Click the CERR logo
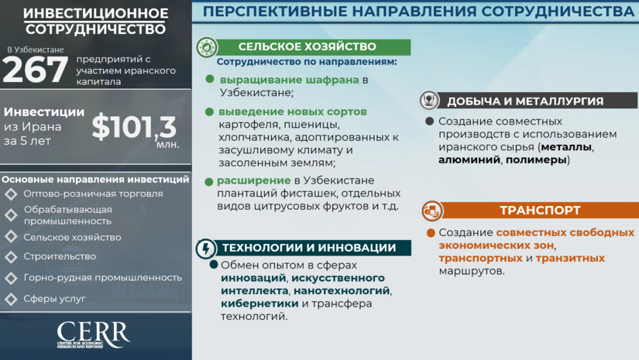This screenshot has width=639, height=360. [93, 334]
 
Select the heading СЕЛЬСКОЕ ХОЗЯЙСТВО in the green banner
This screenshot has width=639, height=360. [307, 47]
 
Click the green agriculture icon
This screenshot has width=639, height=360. [206, 47]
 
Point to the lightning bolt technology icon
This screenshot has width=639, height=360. [206, 249]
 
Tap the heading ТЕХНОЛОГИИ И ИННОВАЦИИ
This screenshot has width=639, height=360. [309, 249]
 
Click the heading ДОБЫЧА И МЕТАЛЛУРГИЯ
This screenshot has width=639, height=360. [524, 101]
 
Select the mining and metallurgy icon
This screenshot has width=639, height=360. [428, 101]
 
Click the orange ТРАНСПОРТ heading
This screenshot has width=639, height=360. [529, 210]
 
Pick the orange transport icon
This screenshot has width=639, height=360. [431, 210]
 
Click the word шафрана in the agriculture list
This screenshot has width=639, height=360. [326, 80]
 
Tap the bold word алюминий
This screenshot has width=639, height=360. [459, 160]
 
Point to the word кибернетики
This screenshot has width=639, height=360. [249, 303]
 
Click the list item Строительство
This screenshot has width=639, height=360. [60, 256]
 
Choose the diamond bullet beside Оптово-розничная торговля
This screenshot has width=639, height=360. [11, 194]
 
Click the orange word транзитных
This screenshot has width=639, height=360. [570, 258]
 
